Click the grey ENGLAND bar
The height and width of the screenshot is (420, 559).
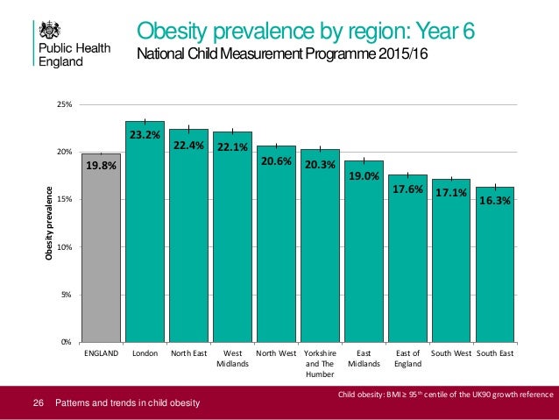102,254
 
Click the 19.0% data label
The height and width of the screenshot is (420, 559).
364,176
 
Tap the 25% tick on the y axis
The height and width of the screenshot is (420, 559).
64,104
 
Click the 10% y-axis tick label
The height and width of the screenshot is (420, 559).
64,247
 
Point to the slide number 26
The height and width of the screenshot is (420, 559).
38,403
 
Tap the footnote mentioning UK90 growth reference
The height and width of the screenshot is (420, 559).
445,395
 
